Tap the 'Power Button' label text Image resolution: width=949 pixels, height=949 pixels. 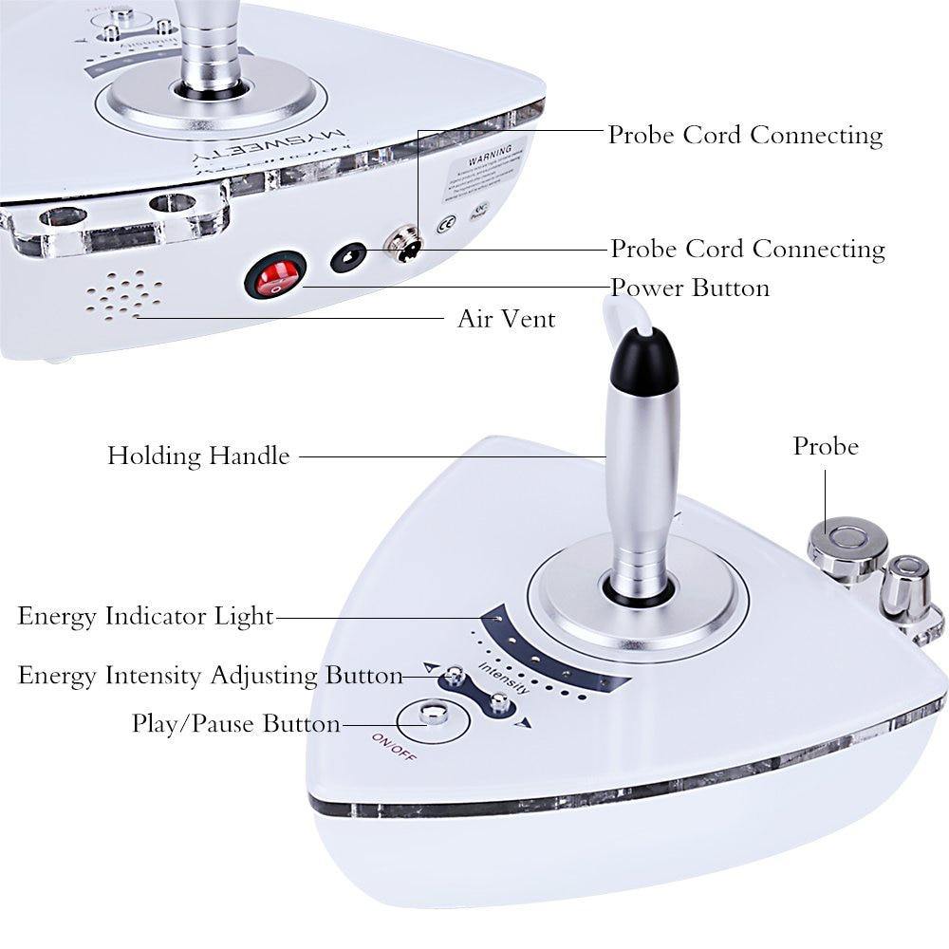(689, 287)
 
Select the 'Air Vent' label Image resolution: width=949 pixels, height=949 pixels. (506, 319)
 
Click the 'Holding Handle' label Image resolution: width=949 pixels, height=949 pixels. (198, 456)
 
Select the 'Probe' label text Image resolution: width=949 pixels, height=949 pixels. (826, 446)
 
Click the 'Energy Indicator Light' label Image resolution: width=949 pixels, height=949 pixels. (145, 616)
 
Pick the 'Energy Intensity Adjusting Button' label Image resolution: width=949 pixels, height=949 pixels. (211, 676)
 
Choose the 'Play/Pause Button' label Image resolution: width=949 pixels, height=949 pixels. (235, 724)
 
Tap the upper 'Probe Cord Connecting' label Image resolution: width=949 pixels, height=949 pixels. (745, 135)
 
